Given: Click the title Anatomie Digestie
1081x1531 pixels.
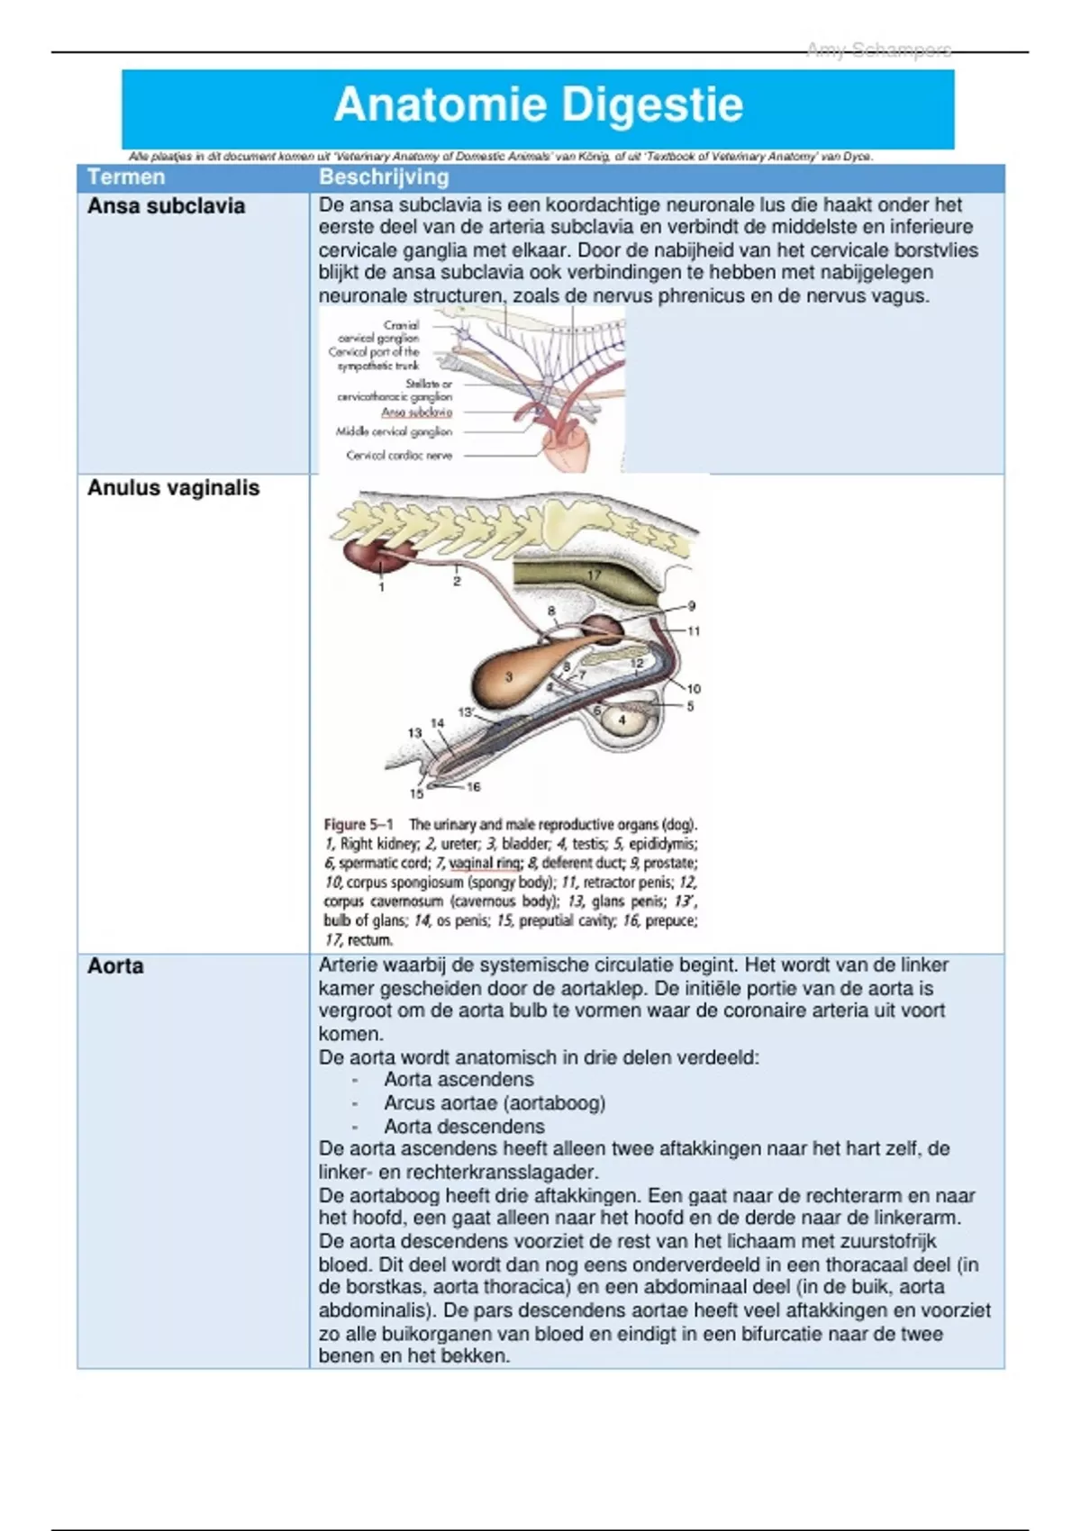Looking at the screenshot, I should click(x=539, y=105).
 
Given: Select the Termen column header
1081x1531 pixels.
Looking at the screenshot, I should click(x=126, y=177).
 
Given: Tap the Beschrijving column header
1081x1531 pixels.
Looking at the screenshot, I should click(x=384, y=177).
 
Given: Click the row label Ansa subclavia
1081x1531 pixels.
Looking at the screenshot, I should click(x=166, y=206).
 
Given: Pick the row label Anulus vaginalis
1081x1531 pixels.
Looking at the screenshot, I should click(x=173, y=488).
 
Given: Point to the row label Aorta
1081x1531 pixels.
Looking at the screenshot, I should click(x=115, y=966).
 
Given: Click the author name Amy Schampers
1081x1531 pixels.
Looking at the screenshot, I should click(x=878, y=50).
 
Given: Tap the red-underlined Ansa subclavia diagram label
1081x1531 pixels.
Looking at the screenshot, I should click(x=416, y=412).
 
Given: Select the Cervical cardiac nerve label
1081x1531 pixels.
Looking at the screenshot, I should click(x=399, y=456).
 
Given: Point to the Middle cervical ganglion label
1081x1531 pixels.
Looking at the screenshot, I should click(x=394, y=432).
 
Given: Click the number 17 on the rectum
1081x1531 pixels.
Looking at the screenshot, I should click(x=595, y=575).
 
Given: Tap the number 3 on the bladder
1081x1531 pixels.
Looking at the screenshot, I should click(x=509, y=677).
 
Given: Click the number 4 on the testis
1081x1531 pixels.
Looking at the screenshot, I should click(x=622, y=720).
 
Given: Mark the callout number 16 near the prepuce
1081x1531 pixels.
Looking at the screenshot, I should click(x=474, y=786).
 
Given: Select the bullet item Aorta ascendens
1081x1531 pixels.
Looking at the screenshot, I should click(x=459, y=1080).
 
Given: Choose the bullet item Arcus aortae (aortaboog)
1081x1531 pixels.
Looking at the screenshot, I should click(x=495, y=1103).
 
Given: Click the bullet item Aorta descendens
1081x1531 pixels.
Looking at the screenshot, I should click(x=464, y=1127).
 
